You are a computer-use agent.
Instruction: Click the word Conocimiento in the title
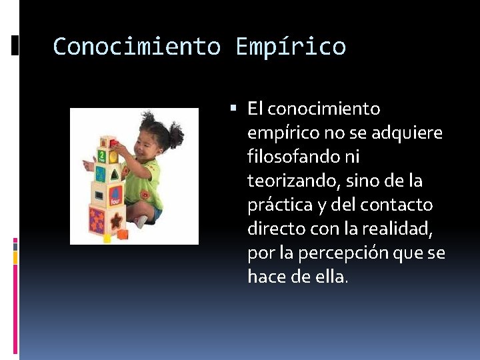(136, 47)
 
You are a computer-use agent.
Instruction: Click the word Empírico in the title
(291, 47)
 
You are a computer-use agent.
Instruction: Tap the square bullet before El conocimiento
(239, 108)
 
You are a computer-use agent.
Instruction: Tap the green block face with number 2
(102, 157)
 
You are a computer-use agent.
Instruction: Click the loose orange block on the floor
(122, 234)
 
